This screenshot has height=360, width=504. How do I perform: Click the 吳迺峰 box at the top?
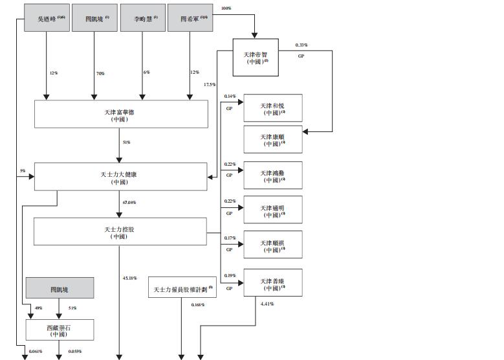tap(47, 17)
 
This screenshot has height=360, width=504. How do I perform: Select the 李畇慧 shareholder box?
tap(142, 17)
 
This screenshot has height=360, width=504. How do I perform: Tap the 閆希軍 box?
tap(189, 17)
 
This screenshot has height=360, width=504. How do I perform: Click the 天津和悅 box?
tap(272, 108)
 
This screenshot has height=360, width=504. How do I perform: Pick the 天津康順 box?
tap(272, 140)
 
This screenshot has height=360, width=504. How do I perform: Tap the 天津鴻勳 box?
tap(272, 175)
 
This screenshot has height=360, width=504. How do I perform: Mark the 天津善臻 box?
tap(272, 283)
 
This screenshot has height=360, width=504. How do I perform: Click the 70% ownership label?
tap(100, 73)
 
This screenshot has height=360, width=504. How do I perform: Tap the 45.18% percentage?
tap(129, 278)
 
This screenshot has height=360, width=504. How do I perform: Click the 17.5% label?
tap(210, 85)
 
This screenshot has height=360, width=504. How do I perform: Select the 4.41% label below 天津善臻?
tap(267, 303)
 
